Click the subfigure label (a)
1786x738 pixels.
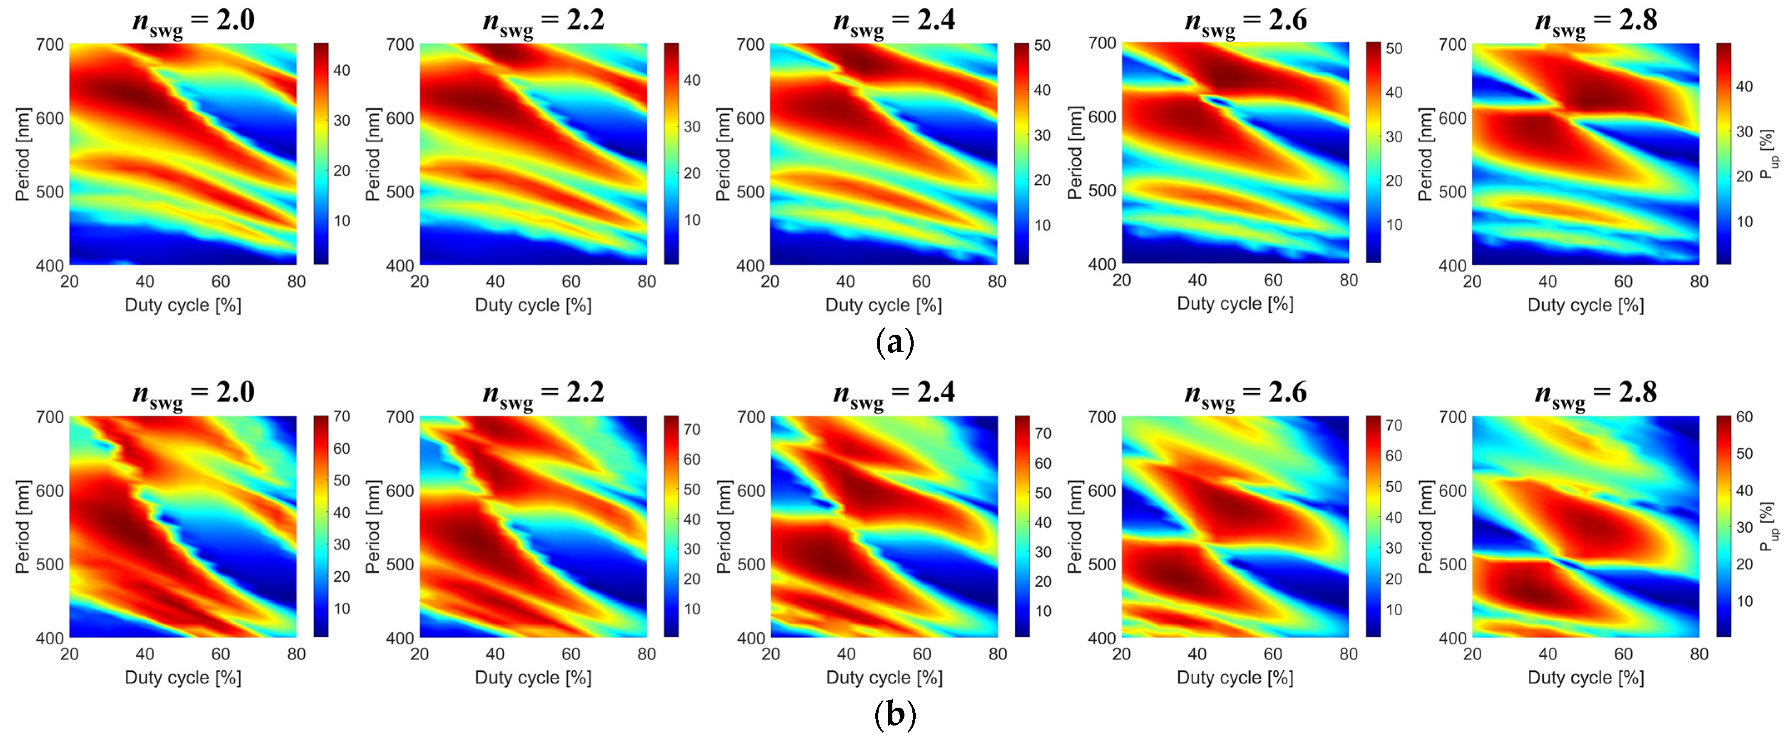click(x=894, y=342)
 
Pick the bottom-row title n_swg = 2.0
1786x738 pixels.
click(x=194, y=394)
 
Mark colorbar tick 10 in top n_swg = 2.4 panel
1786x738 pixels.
click(x=1042, y=225)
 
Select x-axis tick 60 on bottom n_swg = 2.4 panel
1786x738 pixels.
click(x=922, y=654)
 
